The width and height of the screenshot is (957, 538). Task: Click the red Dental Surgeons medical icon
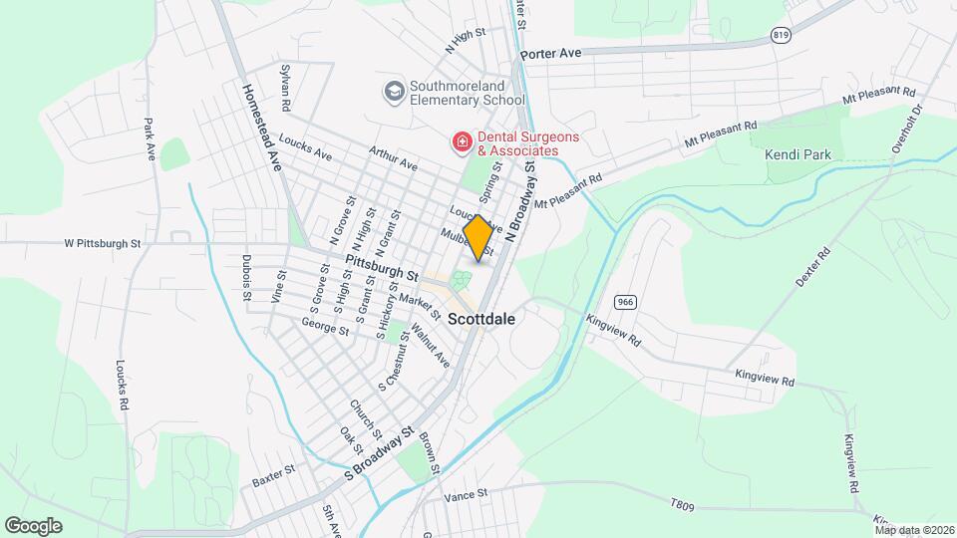click(x=462, y=143)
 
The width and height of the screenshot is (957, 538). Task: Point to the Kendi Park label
click(x=797, y=155)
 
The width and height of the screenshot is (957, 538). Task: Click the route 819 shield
click(x=781, y=35)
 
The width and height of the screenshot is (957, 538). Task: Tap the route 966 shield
click(x=626, y=302)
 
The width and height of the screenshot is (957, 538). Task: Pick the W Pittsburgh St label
click(x=103, y=242)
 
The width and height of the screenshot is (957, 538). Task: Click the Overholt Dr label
click(x=908, y=127)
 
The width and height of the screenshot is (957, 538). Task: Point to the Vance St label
click(x=466, y=494)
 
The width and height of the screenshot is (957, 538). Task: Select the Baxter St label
click(x=274, y=475)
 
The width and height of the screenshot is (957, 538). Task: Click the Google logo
click(x=33, y=526)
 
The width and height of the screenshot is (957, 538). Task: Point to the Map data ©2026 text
click(x=913, y=530)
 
